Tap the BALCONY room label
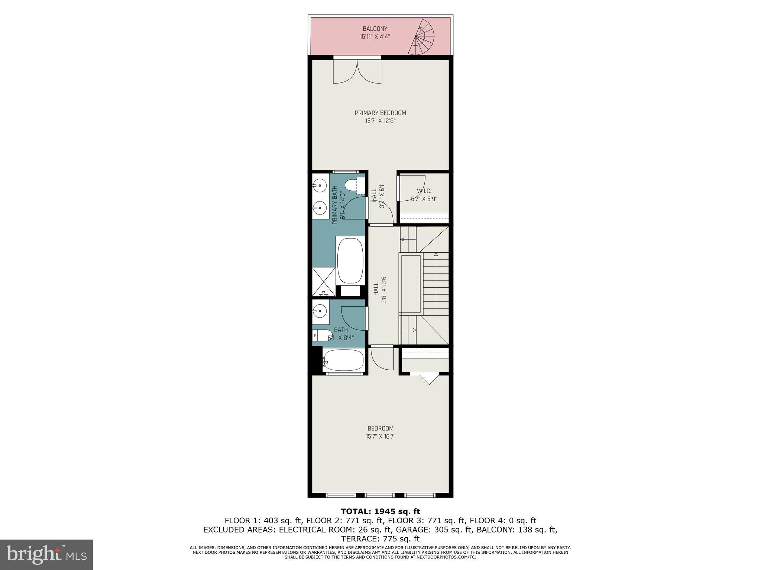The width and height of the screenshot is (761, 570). tap(375, 29)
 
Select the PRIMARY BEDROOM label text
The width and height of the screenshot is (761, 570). tap(380, 113)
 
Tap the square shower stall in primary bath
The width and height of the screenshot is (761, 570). tap(323, 282)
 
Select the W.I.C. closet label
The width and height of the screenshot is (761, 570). tap(424, 191)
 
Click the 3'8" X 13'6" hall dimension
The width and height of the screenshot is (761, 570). tap(384, 289)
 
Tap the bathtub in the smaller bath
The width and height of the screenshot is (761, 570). tap(343, 360)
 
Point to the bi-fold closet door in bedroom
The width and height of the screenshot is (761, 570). tap(429, 378)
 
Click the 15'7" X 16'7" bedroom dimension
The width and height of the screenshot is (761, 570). tap(380, 437)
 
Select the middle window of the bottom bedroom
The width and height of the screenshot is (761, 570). tap(380, 495)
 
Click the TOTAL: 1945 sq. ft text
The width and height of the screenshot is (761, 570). tap(380, 512)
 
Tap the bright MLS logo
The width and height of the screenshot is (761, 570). tap(46, 554)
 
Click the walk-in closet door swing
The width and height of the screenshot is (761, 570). tap(411, 188)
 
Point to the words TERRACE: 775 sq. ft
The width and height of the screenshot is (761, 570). tap(380, 538)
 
